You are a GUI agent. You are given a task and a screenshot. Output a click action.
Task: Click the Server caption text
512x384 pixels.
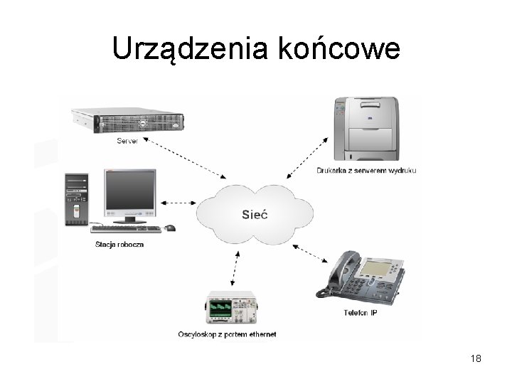(x=127, y=141)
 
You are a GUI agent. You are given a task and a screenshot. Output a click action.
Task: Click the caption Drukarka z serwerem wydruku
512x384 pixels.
(x=367, y=171)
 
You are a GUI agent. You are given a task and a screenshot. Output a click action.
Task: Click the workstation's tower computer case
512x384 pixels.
(x=77, y=199)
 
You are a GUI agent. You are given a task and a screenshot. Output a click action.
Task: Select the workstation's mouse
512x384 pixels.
(x=170, y=228)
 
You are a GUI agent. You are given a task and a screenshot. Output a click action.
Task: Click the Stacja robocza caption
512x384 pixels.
(x=119, y=245)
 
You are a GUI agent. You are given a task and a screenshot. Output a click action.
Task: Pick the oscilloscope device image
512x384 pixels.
(x=231, y=309)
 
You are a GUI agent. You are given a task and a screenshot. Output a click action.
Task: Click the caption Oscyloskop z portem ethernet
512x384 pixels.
(x=228, y=334)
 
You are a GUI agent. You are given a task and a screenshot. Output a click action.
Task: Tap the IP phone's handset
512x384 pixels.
(x=338, y=274)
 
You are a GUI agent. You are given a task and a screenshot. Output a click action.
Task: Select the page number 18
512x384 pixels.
(x=476, y=359)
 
